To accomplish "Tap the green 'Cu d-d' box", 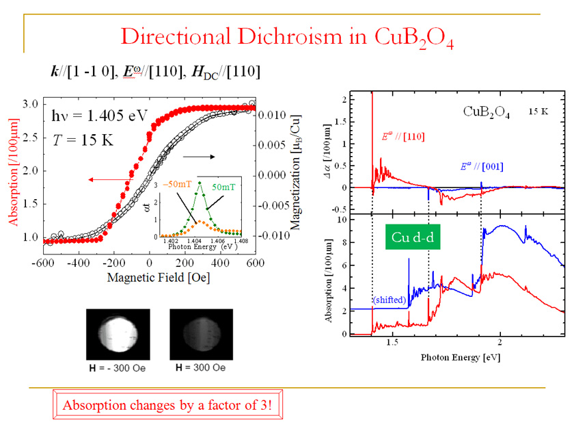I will [x=411, y=237].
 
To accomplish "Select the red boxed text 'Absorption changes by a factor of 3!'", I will [x=167, y=405].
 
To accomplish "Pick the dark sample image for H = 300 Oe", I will [x=199, y=335].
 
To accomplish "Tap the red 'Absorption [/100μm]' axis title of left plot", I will [x=14, y=172].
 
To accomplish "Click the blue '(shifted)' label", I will [x=389, y=300].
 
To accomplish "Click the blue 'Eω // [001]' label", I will [x=476, y=168].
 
